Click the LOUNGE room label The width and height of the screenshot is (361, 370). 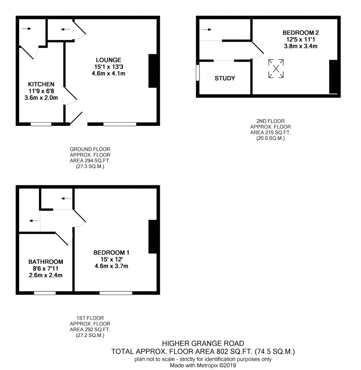(108, 60)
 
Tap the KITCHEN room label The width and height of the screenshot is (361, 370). (41, 84)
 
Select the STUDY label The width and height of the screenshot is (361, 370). (225, 78)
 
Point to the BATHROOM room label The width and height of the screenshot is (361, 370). (46, 262)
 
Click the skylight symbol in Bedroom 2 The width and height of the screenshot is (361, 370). (276, 69)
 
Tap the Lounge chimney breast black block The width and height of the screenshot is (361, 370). (153, 71)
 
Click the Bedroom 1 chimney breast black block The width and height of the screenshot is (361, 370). (153, 237)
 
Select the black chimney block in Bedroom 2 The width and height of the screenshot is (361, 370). (333, 77)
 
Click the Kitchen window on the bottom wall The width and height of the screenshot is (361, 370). (41, 124)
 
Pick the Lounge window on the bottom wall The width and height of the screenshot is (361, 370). (120, 124)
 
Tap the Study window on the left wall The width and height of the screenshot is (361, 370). (198, 73)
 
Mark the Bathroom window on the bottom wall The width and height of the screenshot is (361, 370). (45, 293)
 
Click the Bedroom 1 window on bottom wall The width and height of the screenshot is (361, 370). (116, 293)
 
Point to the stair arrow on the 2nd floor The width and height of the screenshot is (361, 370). (207, 29)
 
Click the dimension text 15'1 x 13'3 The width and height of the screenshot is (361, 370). (108, 67)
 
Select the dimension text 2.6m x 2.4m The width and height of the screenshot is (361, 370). (46, 275)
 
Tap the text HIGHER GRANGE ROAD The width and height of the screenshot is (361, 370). (203, 343)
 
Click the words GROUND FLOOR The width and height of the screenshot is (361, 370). (90, 149)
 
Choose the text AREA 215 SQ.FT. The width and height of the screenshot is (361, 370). (270, 133)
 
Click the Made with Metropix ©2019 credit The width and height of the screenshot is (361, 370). (203, 365)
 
